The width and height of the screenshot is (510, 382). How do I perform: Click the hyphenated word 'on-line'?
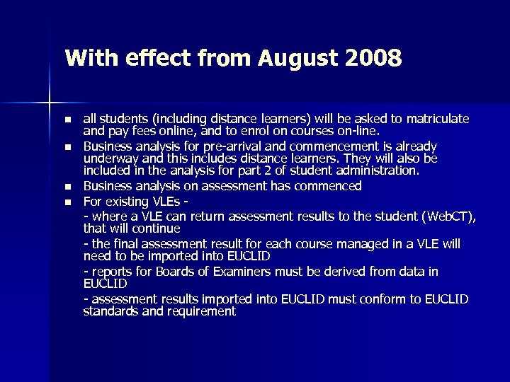tap(361, 130)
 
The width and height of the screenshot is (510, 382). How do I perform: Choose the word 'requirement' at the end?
tap(200, 311)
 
